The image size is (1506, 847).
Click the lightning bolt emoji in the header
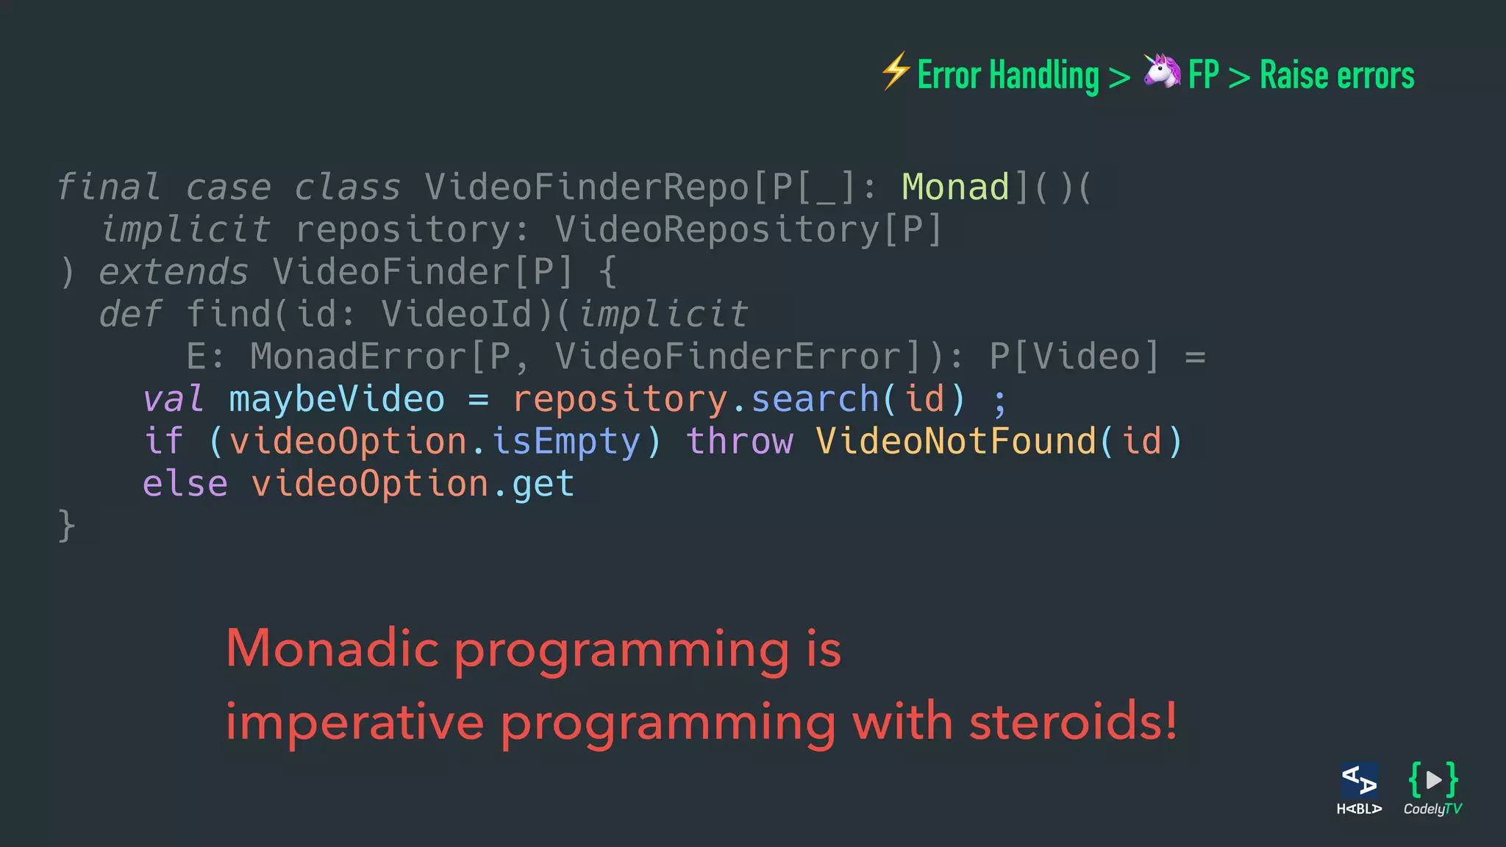click(896, 72)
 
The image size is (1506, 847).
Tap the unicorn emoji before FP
click(1162, 71)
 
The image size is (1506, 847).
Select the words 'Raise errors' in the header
click(1337, 75)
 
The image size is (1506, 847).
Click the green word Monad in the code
click(955, 187)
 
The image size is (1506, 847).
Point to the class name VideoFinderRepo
click(586, 187)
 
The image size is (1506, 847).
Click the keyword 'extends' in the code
click(174, 272)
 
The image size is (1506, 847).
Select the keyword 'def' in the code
click(130, 315)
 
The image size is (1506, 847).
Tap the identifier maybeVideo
click(337, 399)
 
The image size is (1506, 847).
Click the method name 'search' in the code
click(815, 399)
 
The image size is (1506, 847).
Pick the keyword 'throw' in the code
click(740, 442)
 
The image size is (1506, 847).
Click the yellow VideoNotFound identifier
click(955, 442)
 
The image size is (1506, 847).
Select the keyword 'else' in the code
click(185, 485)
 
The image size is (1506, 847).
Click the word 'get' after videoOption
click(543, 485)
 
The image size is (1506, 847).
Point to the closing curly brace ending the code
click(66, 526)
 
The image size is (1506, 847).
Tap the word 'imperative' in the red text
click(354, 723)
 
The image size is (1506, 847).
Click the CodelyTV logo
click(1432, 789)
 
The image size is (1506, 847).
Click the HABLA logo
click(1359, 789)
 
